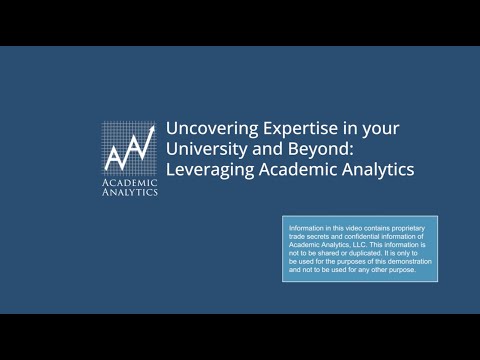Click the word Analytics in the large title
350,169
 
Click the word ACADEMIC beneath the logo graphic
130,182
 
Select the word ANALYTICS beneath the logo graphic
130,192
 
